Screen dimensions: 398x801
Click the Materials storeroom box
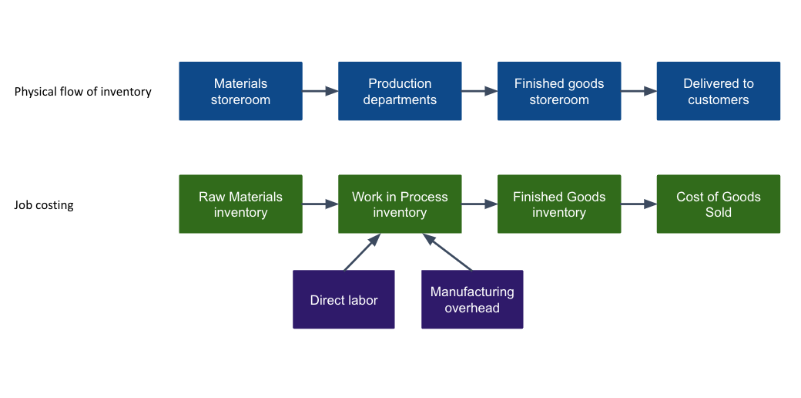point(240,91)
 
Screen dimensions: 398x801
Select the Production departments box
point(400,91)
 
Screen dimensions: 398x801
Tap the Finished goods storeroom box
point(559,91)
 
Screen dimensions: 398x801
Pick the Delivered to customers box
point(718,91)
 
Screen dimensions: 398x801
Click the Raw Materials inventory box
point(240,204)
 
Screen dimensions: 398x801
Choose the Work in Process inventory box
point(400,204)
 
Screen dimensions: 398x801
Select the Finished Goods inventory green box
point(559,204)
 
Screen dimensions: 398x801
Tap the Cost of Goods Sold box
point(718,204)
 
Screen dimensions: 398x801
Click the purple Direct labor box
point(344,299)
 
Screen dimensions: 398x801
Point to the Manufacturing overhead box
point(472,299)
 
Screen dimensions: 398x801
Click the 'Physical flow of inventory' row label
point(83,92)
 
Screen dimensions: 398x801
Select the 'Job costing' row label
point(44,205)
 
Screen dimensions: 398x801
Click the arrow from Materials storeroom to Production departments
point(320,91)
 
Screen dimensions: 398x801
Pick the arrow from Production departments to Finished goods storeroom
point(479,91)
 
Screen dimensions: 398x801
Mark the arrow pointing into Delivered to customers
point(638,91)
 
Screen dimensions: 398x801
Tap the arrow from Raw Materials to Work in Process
point(320,204)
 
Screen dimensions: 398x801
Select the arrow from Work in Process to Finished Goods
point(479,204)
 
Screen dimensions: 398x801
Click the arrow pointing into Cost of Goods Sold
point(638,204)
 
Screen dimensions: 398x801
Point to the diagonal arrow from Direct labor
point(362,252)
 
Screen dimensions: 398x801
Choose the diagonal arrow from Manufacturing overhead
point(447,252)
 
